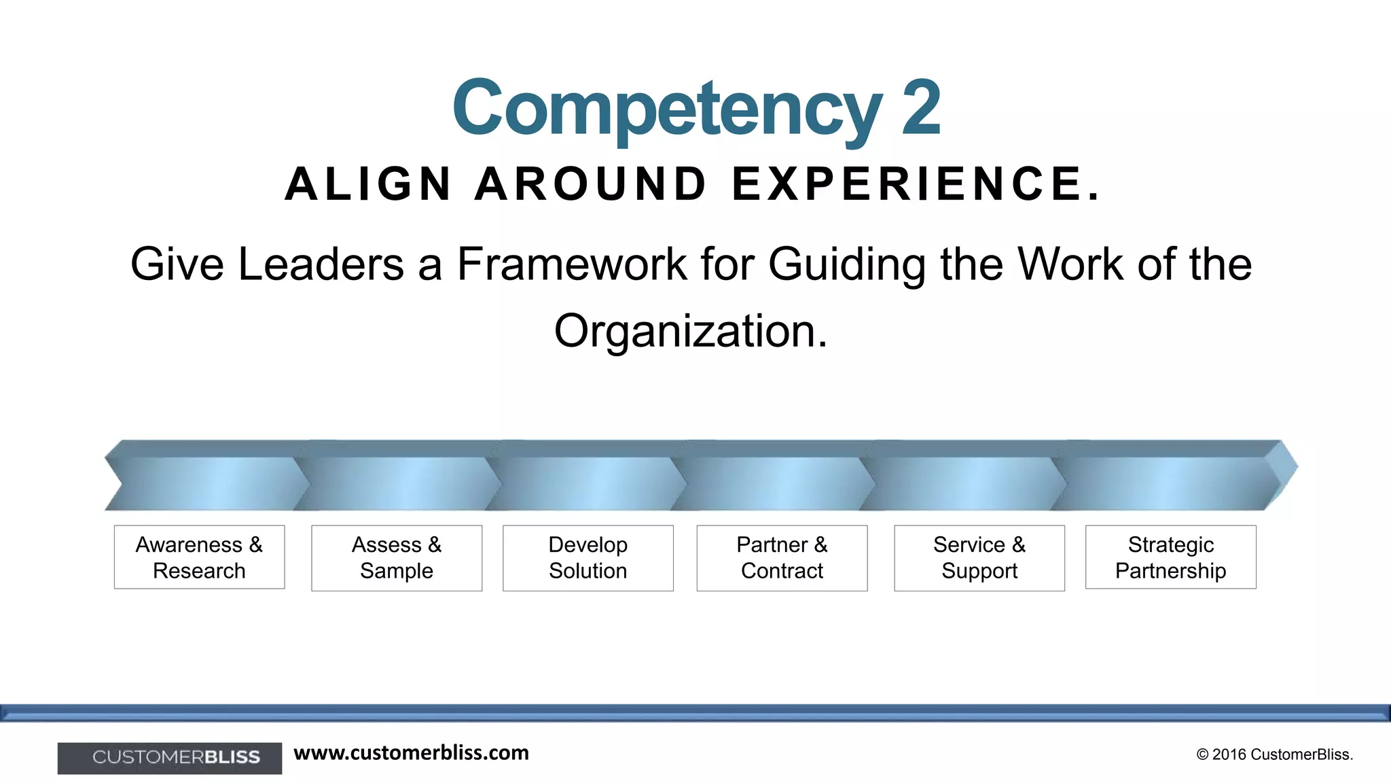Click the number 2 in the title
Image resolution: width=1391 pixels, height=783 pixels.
coord(920,107)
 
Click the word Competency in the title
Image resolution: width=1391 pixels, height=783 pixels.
coord(667,109)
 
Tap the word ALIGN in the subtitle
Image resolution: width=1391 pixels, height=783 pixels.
coord(368,184)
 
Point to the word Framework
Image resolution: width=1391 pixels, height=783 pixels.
coord(572,264)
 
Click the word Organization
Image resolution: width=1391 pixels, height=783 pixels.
coord(691,331)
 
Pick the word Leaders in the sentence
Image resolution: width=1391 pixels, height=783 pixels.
coord(321,264)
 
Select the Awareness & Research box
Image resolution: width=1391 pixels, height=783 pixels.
coord(199,557)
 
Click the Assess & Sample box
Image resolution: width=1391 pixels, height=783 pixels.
coord(397,558)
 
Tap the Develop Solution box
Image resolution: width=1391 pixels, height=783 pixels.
coord(588,558)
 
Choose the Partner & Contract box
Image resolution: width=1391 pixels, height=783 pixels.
coord(782,558)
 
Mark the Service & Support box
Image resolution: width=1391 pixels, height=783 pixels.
coord(979,558)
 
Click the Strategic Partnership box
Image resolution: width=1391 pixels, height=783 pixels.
coord(1171,557)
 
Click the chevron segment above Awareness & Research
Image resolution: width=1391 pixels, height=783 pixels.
coord(204,483)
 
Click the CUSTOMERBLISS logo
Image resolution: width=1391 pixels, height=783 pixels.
coord(170,758)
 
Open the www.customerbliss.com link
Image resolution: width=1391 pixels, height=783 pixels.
coord(411,753)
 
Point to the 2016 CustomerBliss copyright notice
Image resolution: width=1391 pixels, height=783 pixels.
coord(1275,754)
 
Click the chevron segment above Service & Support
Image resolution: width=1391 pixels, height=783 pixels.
coord(964,483)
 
